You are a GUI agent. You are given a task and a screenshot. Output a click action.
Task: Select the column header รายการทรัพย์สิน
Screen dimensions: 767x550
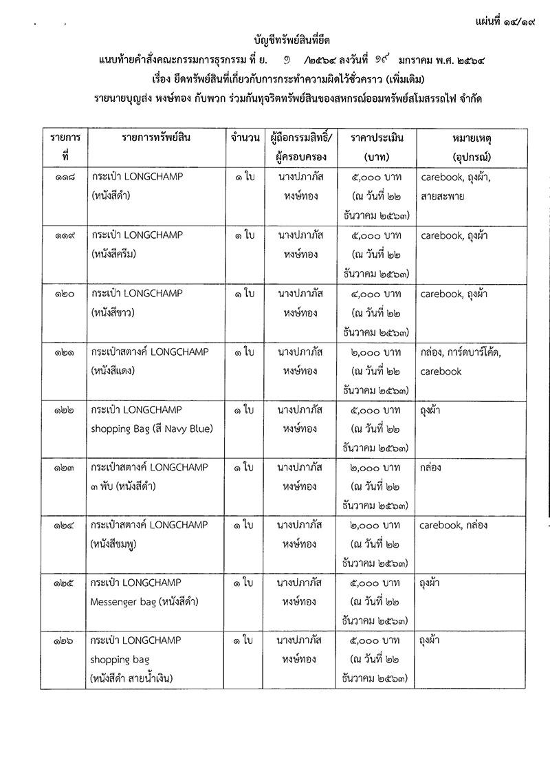[156, 138]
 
